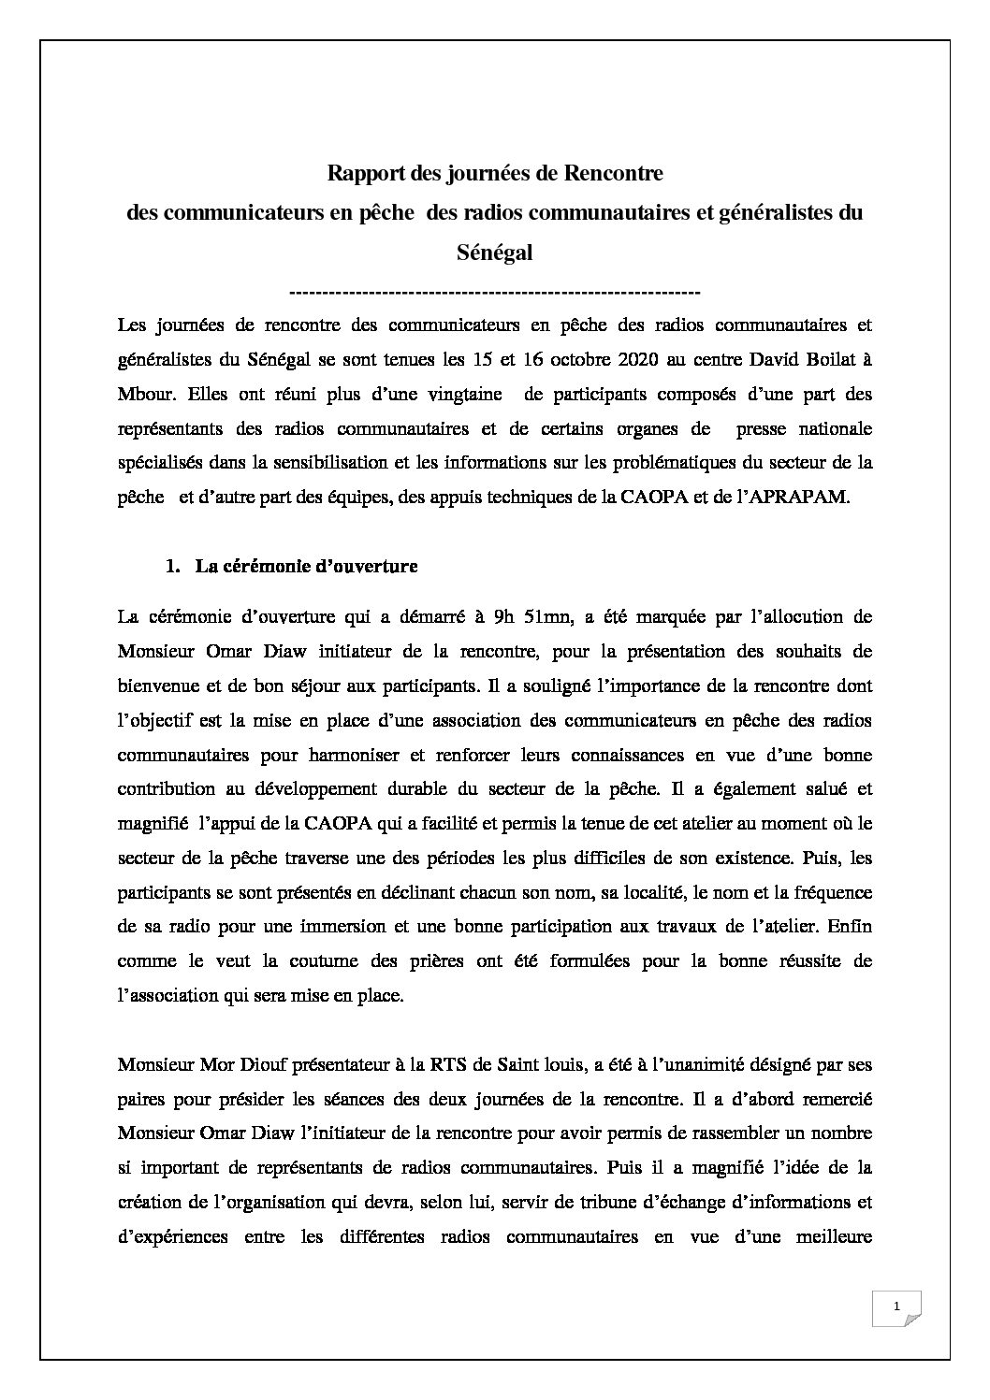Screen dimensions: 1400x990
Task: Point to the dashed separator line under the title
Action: [494, 292]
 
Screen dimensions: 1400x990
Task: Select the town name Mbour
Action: [143, 395]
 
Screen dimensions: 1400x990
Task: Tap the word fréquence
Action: [828, 892]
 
